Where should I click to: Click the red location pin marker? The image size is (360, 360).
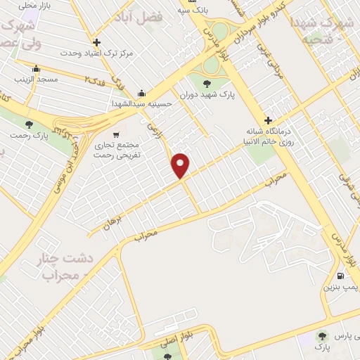pyautogui.click(x=181, y=165)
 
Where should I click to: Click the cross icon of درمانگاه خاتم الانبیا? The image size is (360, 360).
pyautogui.click(x=268, y=120)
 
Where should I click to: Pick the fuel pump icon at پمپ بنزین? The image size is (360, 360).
pyautogui.click(x=341, y=276)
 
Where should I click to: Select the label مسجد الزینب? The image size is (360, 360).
pyautogui.click(x=35, y=81)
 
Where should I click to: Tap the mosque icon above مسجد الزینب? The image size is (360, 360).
pyautogui.click(x=36, y=70)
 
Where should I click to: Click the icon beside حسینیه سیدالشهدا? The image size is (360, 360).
pyautogui.click(x=142, y=94)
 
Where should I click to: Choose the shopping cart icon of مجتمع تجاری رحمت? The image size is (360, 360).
pyautogui.click(x=115, y=134)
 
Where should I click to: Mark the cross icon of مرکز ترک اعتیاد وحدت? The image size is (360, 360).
pyautogui.click(x=97, y=41)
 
